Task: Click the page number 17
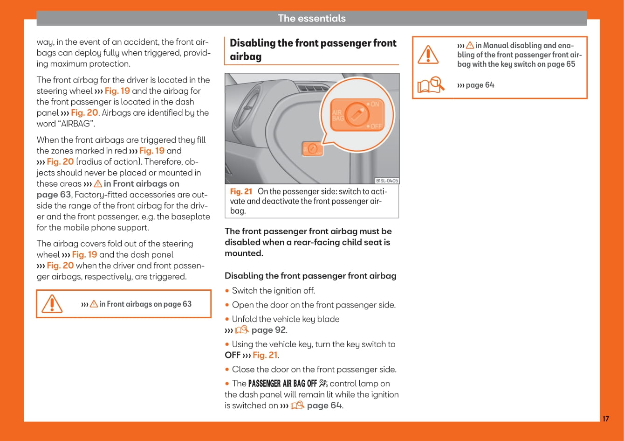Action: click(x=605, y=419)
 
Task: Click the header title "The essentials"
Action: click(x=312, y=18)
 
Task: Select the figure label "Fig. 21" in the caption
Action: click(x=241, y=191)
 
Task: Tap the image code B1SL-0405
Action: click(x=387, y=181)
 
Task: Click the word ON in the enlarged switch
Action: click(x=374, y=104)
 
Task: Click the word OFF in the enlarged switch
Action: click(x=376, y=126)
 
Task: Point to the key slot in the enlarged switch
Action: click(x=357, y=113)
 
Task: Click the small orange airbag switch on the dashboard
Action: click(x=313, y=149)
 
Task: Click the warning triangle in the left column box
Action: click(x=52, y=304)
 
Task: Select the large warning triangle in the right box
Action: click(x=428, y=54)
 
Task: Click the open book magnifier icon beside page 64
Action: click(x=430, y=85)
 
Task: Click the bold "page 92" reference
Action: click(x=268, y=330)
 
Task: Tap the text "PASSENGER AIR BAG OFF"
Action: click(x=282, y=384)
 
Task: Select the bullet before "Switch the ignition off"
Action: click(x=227, y=291)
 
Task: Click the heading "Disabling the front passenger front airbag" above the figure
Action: click(x=312, y=49)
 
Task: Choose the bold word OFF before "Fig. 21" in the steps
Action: click(x=232, y=355)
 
